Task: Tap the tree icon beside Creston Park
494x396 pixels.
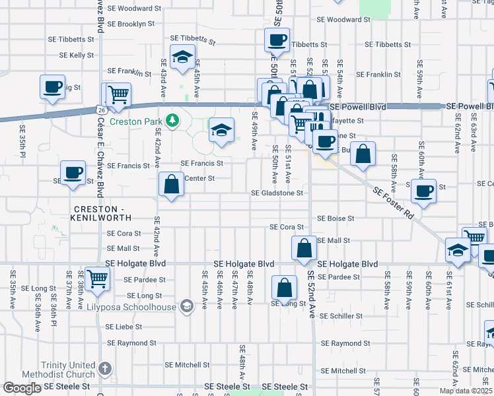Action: click(172, 120)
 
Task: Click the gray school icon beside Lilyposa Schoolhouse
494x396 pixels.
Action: click(187, 306)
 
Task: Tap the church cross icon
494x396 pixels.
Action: click(104, 368)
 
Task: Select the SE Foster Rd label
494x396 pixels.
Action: click(392, 204)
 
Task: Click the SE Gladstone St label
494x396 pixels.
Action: click(277, 193)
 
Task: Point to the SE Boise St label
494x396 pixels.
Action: click(335, 218)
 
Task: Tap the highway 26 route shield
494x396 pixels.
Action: click(99, 110)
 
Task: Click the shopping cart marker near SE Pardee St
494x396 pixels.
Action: click(97, 279)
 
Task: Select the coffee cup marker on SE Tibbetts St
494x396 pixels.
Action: click(277, 40)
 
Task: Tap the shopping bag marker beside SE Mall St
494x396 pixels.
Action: click(304, 248)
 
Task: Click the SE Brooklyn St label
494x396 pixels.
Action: click(131, 24)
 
